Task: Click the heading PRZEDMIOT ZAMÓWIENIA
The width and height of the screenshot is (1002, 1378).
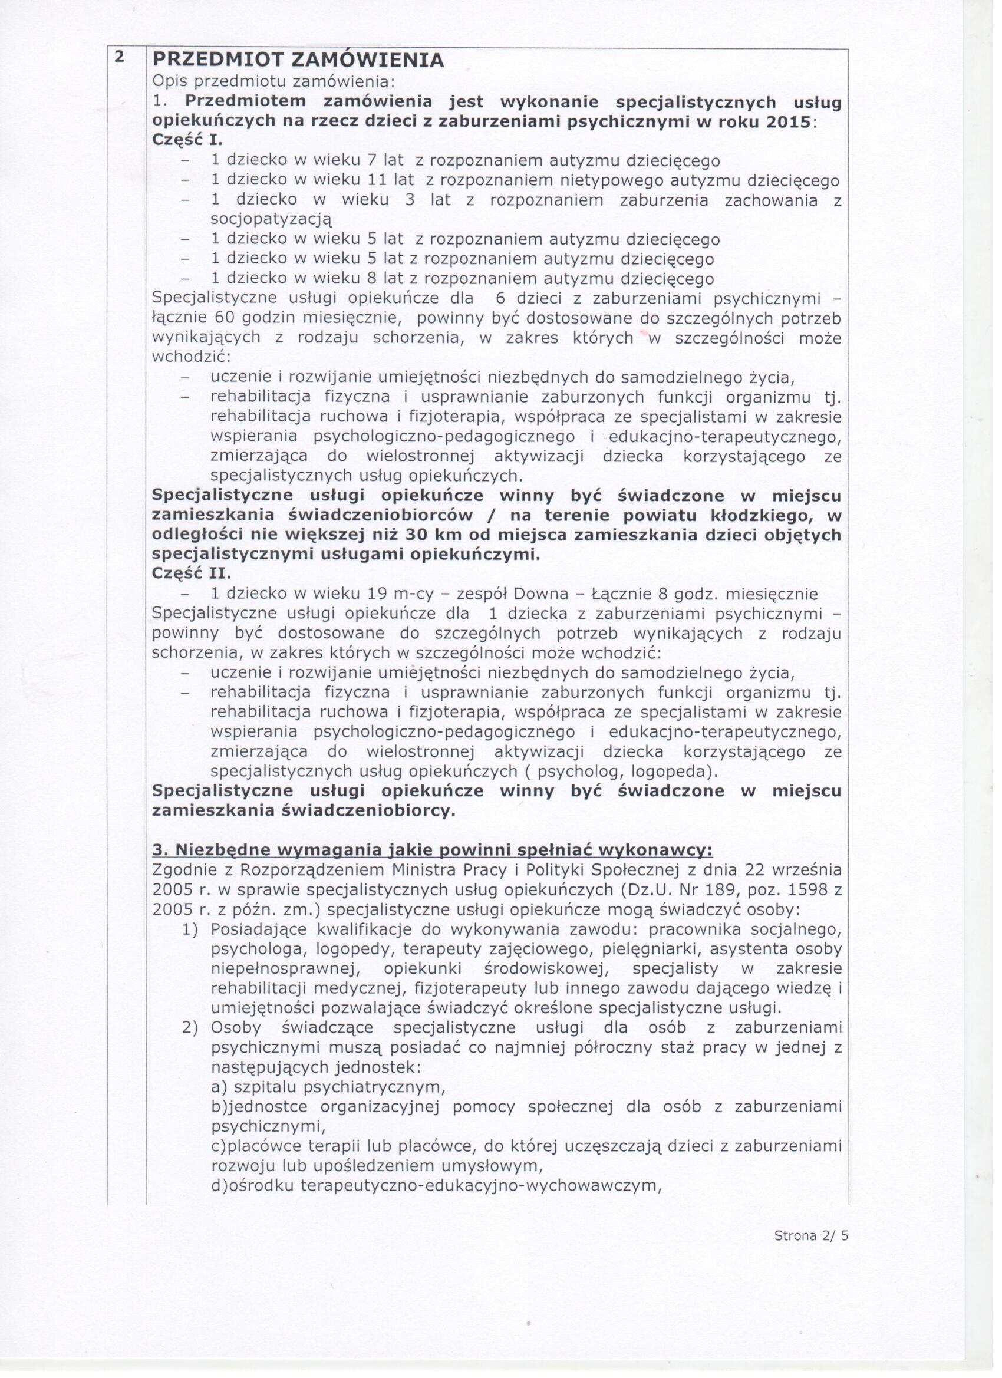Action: [x=298, y=60]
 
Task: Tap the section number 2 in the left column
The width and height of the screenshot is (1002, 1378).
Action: [x=120, y=57]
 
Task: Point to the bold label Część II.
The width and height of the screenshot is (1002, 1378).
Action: [x=191, y=574]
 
